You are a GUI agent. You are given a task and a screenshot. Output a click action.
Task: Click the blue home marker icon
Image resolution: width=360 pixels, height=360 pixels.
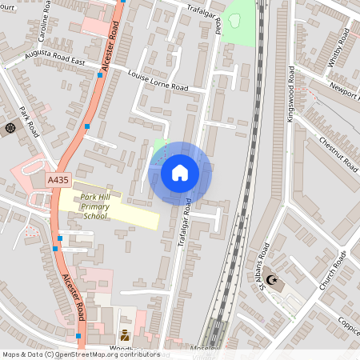pos(180,173)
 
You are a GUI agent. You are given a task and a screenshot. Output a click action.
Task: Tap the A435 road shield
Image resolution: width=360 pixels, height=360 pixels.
pos(58,181)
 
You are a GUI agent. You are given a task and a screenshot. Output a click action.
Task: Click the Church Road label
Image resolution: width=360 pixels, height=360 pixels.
pos(330,272)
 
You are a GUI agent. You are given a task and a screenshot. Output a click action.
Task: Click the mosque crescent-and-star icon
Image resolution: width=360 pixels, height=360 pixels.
pos(274,281)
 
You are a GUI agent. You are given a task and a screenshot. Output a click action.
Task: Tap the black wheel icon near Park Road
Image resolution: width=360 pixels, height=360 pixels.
pos(10,127)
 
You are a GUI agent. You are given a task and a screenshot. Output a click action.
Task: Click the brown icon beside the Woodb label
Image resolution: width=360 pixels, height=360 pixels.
pos(124,335)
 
